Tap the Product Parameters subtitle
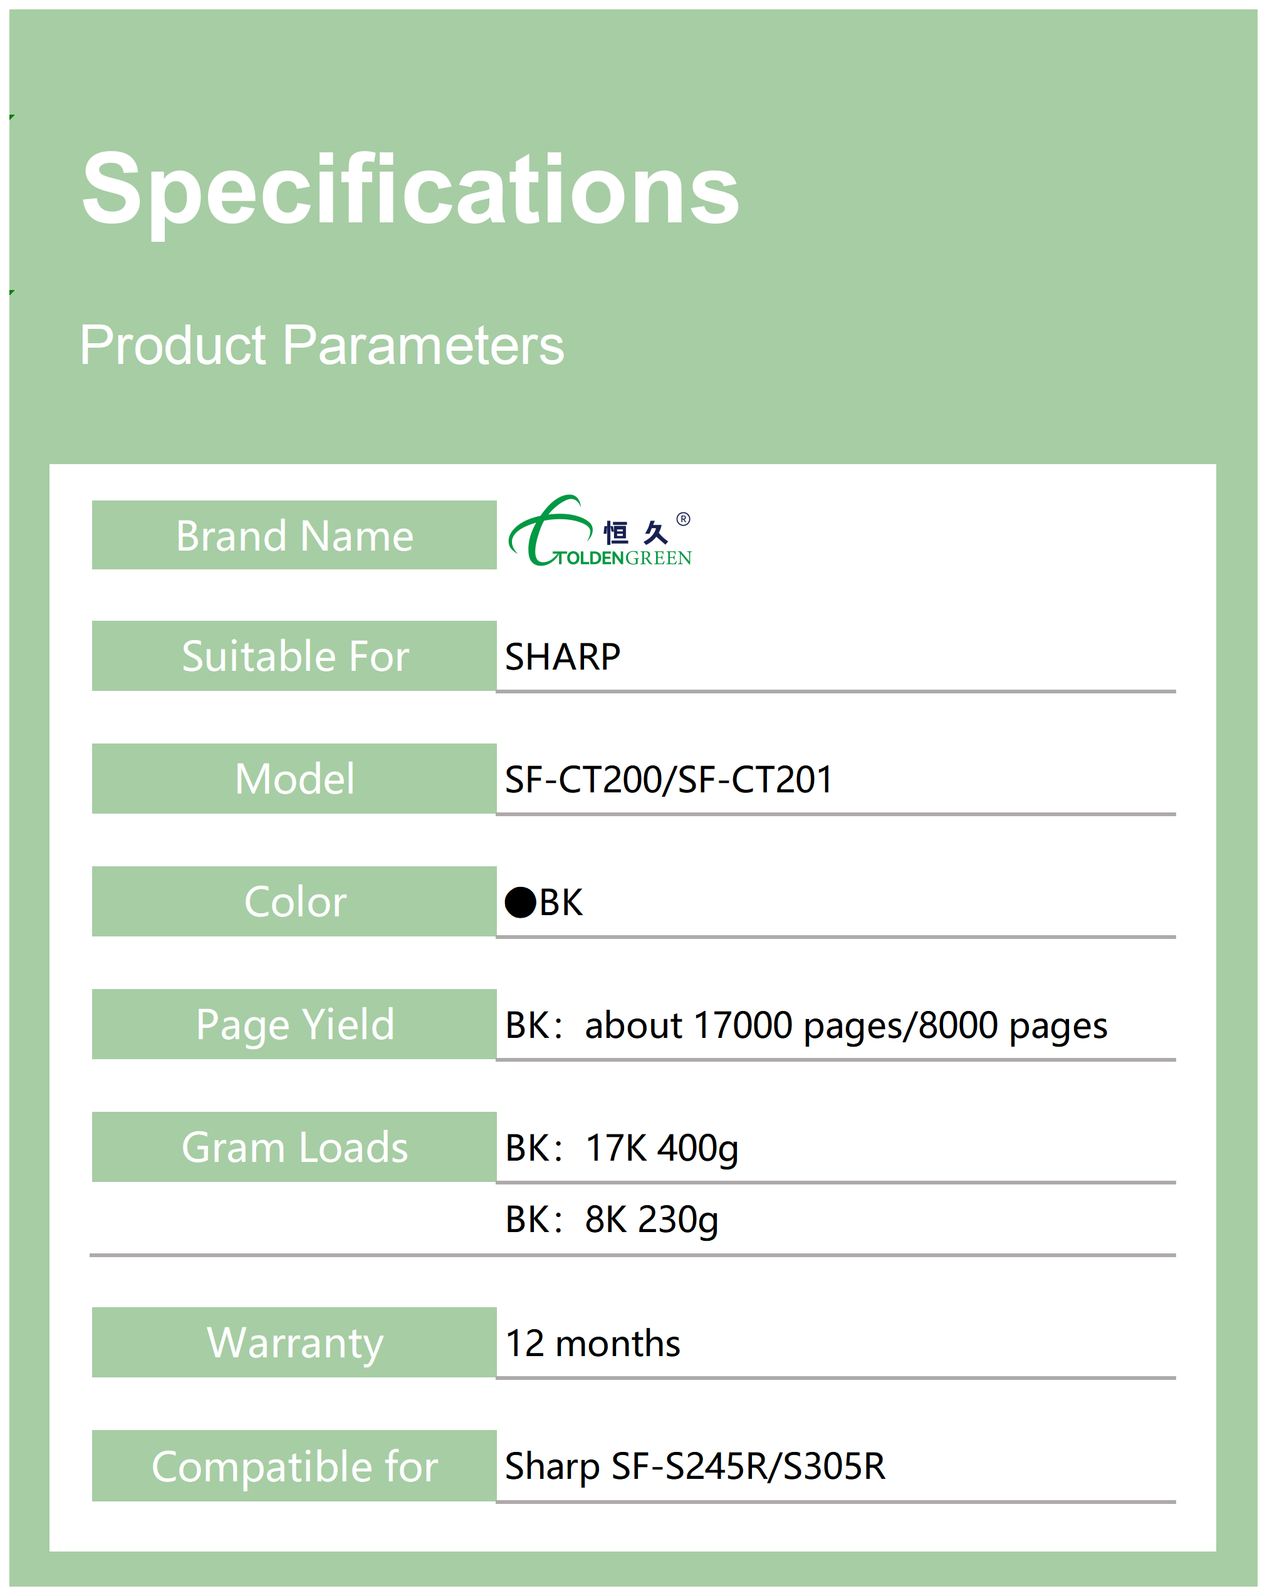coord(321,345)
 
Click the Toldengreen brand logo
coord(600,531)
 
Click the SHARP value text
coord(563,656)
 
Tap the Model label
coord(294,779)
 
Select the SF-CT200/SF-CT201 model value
coord(669,779)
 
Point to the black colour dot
coord(521,903)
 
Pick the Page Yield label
coord(294,1025)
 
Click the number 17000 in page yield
coord(743,1025)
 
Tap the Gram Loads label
coord(294,1148)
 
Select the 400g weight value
coord(697,1149)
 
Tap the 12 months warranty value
coord(592,1344)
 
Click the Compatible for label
coord(294,1466)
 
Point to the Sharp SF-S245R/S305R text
coord(694,1466)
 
